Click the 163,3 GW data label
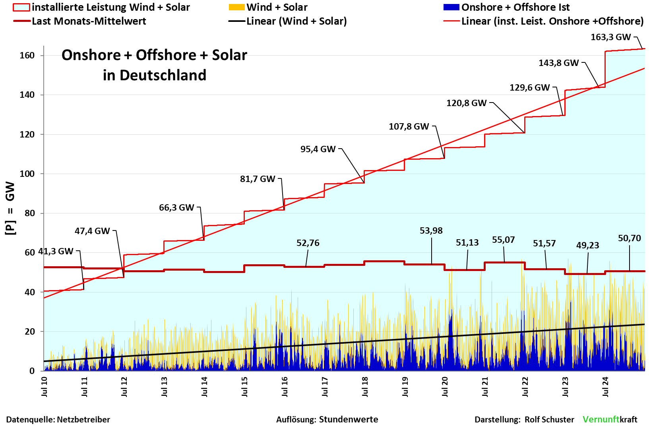pos(610,37)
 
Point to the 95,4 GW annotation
pos(318,149)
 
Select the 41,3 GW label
pos(56,252)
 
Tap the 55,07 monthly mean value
pos(503,240)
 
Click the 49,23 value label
pos(587,246)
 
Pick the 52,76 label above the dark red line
pos(308,243)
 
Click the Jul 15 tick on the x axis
pos(244,387)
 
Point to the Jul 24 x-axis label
pos(605,387)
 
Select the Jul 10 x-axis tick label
pos(44,387)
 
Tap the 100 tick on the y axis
pos(27,174)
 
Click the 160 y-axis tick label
pos(27,56)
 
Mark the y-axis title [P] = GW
pos(10,208)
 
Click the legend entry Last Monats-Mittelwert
pos(89,21)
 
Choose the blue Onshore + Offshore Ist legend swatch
pos(451,7)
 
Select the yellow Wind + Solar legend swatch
pos(236,7)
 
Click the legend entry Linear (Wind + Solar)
pos(296,21)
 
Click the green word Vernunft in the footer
pos(601,420)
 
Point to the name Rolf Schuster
pos(549,420)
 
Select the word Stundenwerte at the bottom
pos(349,420)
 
